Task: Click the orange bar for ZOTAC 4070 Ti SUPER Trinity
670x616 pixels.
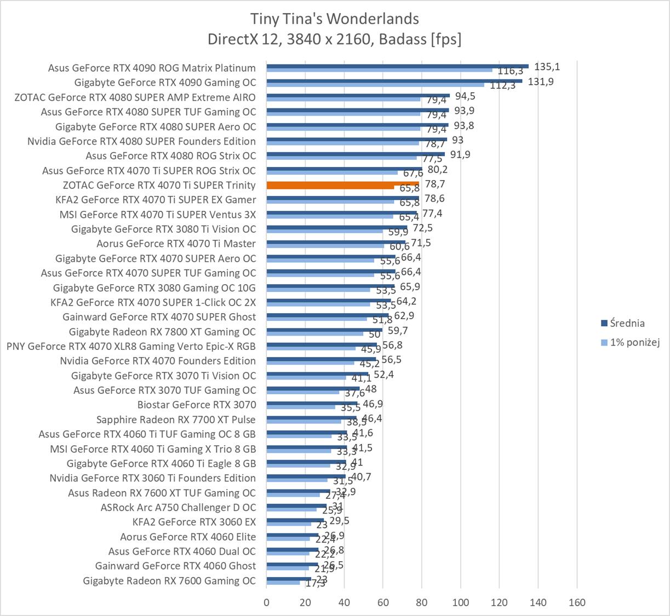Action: point(342,183)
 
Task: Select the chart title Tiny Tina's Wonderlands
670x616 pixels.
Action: point(334,19)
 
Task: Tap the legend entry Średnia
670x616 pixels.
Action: point(627,323)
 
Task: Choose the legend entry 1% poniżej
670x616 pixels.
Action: point(634,342)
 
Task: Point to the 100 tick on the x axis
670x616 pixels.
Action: point(460,602)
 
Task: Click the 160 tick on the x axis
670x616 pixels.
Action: point(577,602)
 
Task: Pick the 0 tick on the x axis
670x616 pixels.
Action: point(267,602)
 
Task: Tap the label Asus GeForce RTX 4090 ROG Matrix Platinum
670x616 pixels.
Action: point(152,68)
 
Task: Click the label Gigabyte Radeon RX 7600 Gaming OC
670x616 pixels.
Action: point(169,580)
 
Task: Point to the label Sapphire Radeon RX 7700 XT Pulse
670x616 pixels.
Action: point(176,419)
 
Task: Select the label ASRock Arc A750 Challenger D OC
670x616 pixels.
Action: point(178,507)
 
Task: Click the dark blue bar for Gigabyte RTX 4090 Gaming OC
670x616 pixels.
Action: point(394,80)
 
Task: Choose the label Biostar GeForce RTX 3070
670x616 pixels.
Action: point(197,405)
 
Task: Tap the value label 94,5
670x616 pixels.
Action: point(465,96)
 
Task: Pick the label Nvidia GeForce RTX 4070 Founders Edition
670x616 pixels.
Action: point(158,361)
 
